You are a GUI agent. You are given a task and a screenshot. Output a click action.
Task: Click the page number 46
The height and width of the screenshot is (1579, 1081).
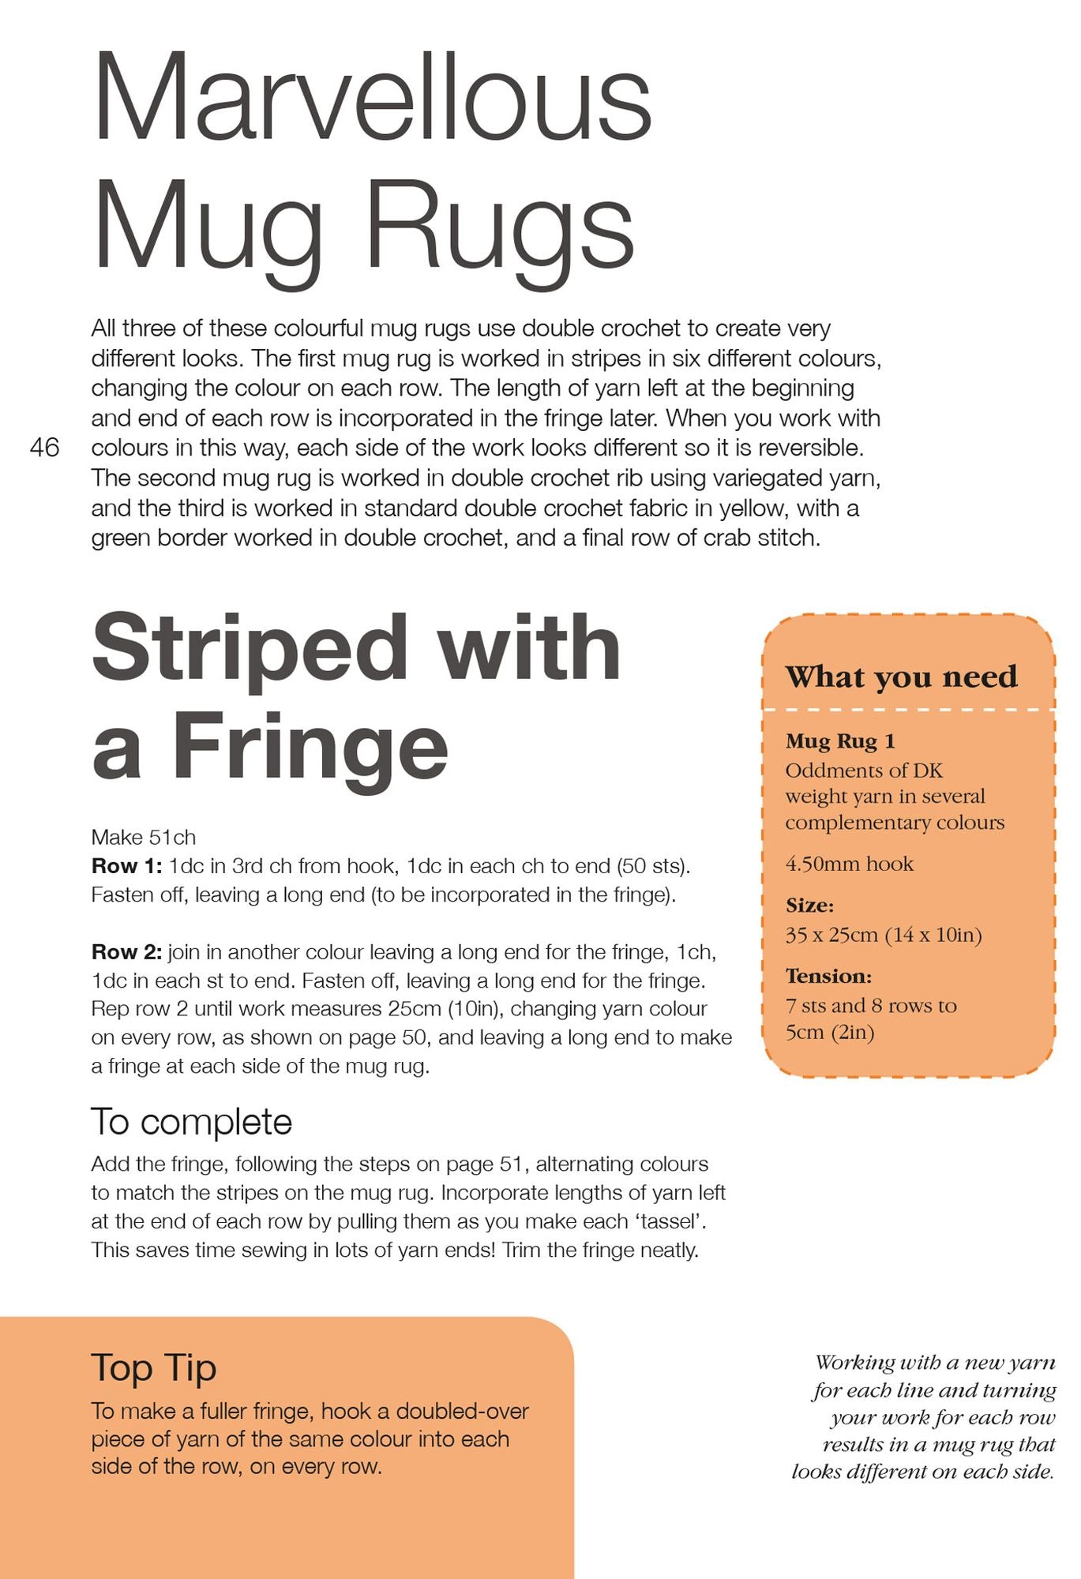pyautogui.click(x=44, y=448)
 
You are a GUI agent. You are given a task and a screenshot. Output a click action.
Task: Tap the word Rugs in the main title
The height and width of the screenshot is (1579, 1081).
pyautogui.click(x=501, y=227)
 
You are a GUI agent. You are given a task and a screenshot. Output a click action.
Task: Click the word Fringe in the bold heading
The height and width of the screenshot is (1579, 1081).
pyautogui.click(x=310, y=745)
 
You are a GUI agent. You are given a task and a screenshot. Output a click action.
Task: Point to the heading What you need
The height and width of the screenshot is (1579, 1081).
pyautogui.click(x=901, y=677)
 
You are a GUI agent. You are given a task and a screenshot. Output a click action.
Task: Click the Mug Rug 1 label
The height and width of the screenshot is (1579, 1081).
pyautogui.click(x=840, y=741)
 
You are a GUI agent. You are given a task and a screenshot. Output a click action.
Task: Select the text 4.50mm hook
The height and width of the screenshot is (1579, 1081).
pyautogui.click(x=849, y=864)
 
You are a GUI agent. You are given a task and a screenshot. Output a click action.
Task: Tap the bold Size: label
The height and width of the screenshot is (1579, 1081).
pyautogui.click(x=809, y=905)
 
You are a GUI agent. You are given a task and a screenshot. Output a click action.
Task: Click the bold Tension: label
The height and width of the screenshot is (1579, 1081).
pyautogui.click(x=828, y=976)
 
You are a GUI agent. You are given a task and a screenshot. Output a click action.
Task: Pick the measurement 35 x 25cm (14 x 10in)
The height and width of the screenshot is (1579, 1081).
pyautogui.click(x=884, y=935)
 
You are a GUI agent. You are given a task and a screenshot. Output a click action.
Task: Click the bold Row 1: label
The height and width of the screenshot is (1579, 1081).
pyautogui.click(x=126, y=866)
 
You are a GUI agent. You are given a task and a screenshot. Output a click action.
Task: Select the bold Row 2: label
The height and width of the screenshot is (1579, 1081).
pyautogui.click(x=126, y=952)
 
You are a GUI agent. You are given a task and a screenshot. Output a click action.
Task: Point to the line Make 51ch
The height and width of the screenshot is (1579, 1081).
pyautogui.click(x=144, y=837)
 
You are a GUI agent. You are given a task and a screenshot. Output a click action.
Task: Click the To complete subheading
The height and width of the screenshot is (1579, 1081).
pyautogui.click(x=192, y=1122)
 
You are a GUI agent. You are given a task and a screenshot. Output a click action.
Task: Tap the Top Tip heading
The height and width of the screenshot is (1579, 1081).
pyautogui.click(x=154, y=1367)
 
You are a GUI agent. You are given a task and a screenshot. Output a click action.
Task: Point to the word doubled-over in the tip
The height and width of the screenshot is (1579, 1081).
pyautogui.click(x=463, y=1411)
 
